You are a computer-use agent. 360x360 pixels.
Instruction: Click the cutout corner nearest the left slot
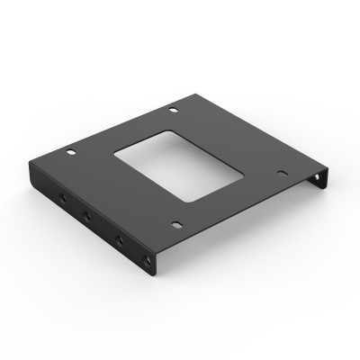pos(114,157)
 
